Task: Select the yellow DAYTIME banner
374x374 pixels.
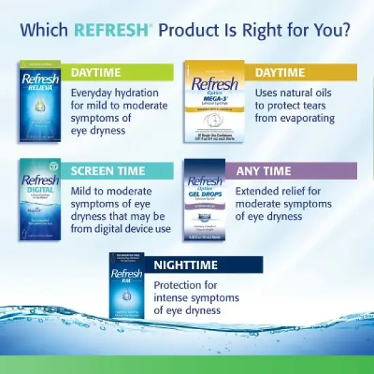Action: tap(305, 72)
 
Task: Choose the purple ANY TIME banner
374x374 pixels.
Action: tap(296, 171)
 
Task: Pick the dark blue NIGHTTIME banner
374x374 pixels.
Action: tap(204, 265)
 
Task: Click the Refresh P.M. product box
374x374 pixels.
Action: tap(126, 285)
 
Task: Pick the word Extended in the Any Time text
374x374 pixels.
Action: tap(258, 190)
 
